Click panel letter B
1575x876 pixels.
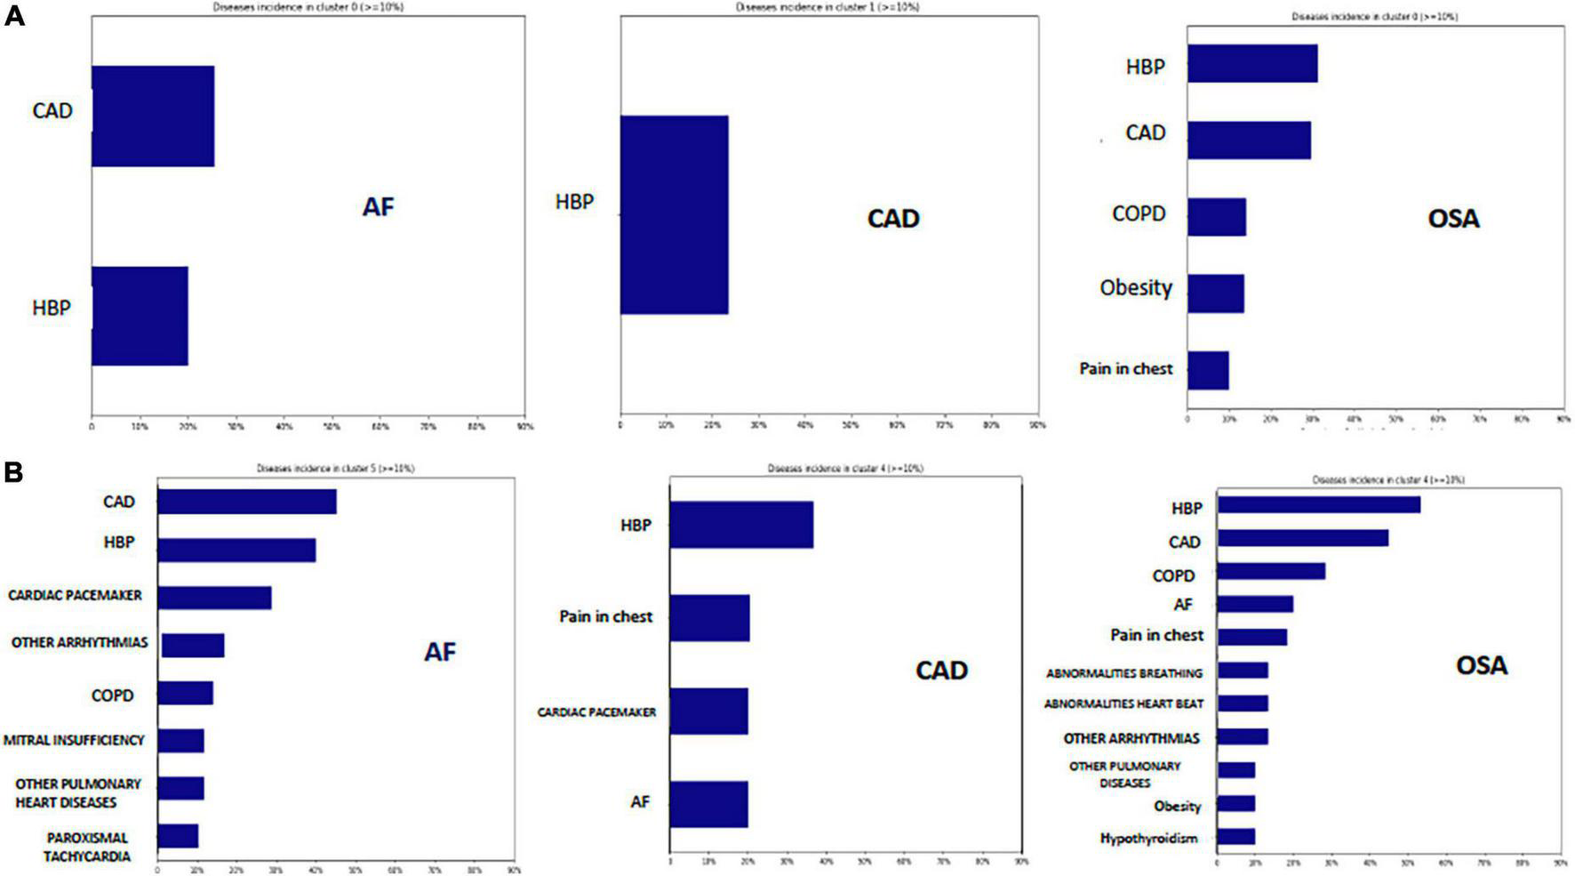coord(13,472)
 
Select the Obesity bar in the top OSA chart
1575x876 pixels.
coord(1215,293)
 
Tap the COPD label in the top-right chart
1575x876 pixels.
coord(1139,214)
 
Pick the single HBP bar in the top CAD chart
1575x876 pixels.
coord(674,214)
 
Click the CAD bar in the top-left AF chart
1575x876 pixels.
coord(152,116)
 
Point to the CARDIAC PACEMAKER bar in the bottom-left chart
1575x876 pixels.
coord(214,597)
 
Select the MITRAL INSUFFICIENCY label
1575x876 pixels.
coord(74,740)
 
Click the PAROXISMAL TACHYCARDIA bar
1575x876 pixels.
coord(178,836)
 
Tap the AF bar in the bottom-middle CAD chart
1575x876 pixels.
coord(708,804)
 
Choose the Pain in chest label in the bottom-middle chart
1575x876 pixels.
coord(605,616)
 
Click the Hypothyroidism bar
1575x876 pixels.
coord(1235,837)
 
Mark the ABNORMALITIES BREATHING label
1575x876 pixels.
coord(1123,673)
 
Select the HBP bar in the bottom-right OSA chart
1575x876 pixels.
coord(1318,505)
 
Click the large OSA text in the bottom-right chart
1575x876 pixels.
coord(1481,665)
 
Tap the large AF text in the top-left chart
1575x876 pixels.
coord(378,207)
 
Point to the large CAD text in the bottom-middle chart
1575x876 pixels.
coord(941,670)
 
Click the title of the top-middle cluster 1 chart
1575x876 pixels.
coord(827,7)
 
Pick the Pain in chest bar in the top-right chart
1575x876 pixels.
coord(1208,370)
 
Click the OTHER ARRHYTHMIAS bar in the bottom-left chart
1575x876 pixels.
coord(193,646)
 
